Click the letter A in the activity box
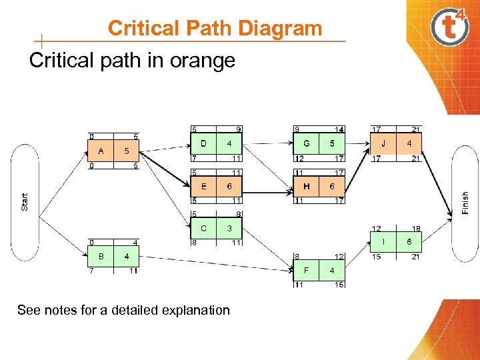101,151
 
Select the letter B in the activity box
101,256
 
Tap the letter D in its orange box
203,143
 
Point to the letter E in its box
203,187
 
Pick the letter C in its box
203,229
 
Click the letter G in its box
307,143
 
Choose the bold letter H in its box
307,187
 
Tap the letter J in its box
383,143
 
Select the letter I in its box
383,242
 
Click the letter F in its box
307,271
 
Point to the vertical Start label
25,202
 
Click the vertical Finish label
465,202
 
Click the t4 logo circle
450,28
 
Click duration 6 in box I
409,242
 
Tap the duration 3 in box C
229,229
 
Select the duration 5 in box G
332,143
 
